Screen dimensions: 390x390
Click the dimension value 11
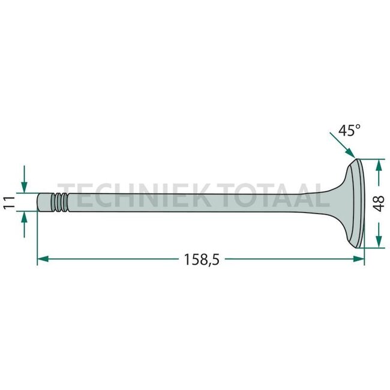(x=8, y=202)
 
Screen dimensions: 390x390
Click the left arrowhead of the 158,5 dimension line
(x=42, y=259)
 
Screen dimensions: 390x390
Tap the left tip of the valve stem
(x=39, y=202)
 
